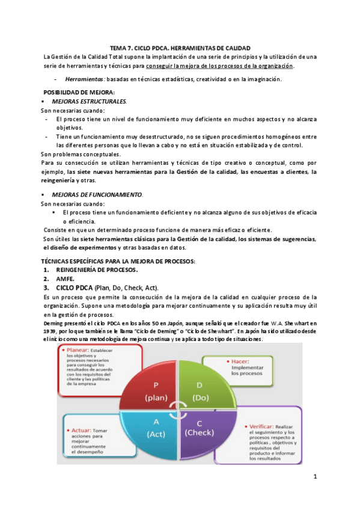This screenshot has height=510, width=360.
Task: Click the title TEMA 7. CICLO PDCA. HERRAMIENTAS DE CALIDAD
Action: point(180,48)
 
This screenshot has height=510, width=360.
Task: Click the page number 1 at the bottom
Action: point(314,477)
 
